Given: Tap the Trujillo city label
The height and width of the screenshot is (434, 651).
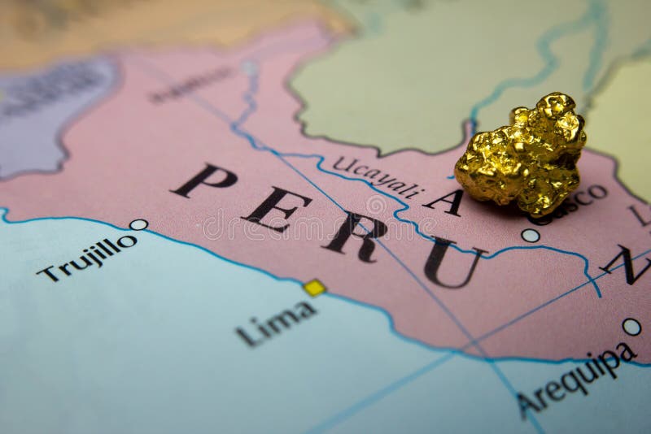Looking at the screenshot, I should pyautogui.click(x=86, y=257).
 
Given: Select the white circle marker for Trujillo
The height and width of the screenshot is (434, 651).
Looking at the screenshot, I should pyautogui.click(x=138, y=224).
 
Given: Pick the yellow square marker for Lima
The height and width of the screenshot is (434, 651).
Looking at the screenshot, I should pyautogui.click(x=314, y=287).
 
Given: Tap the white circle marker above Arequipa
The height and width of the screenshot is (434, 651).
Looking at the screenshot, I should pyautogui.click(x=631, y=327).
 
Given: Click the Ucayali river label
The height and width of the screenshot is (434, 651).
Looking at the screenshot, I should pyautogui.click(x=378, y=177).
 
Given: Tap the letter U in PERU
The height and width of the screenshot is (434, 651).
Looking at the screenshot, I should pyautogui.click(x=449, y=263).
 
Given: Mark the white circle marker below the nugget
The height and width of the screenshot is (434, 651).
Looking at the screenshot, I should pyautogui.click(x=531, y=236).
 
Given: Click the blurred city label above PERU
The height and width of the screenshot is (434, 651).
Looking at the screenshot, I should pyautogui.click(x=190, y=85).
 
